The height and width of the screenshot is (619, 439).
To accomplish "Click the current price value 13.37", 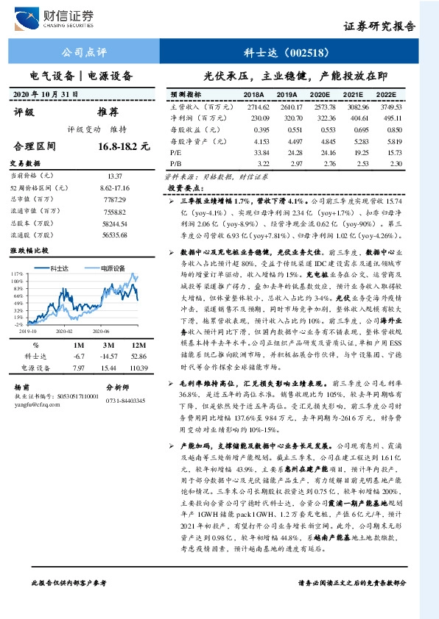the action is pos(116,176).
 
